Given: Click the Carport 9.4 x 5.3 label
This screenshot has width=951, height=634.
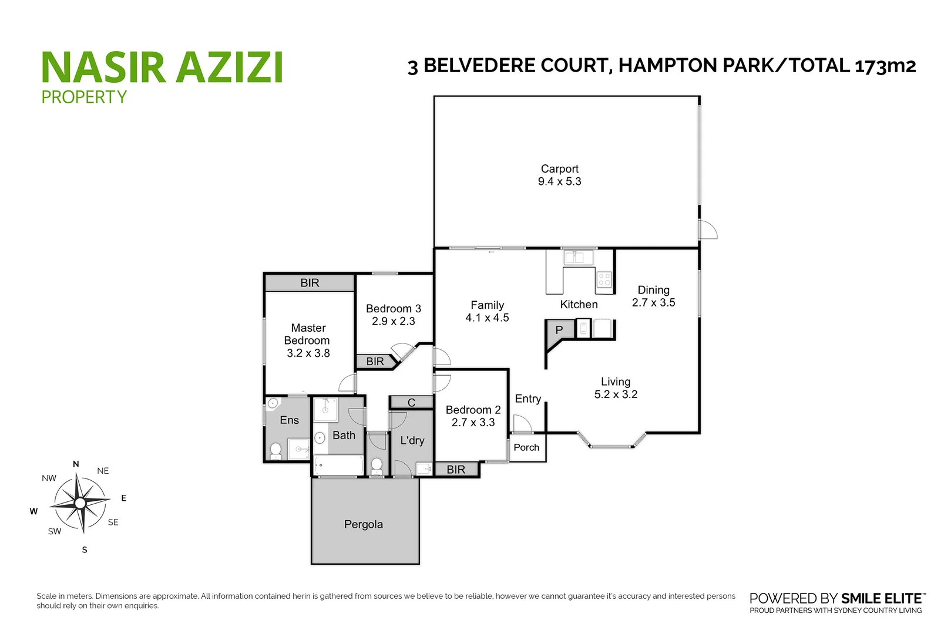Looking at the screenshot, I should coord(559,176).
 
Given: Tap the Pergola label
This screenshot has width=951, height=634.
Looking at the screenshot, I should coord(363,524).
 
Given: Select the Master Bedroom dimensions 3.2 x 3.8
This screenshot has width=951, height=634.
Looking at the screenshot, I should coord(308,353).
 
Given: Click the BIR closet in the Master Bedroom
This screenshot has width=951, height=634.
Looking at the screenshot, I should coord(310,283).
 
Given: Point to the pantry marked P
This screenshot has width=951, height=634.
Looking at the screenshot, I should coord(559,330).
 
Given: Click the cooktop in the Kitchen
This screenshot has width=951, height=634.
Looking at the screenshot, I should coord(604,279).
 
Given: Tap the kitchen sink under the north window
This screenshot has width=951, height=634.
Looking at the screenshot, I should coord(578,258).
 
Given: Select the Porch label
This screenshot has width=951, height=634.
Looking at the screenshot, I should coord(526,447).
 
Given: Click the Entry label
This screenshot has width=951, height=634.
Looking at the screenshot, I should coord(527,399).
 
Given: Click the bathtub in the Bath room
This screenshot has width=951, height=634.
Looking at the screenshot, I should coord(339,466).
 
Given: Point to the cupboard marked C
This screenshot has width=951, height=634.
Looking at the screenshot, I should coord(411,403).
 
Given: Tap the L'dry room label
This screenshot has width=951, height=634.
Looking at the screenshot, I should coord(412,440).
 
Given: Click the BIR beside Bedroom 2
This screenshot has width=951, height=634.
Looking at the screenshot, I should coord(456,470).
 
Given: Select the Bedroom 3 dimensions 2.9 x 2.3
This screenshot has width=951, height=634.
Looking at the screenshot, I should coord(393,322).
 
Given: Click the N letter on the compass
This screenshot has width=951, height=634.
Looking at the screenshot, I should coord(76,464).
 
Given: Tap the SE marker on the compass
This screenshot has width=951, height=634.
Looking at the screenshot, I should coord(113,522).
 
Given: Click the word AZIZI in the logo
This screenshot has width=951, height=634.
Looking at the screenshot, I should coord(230,68).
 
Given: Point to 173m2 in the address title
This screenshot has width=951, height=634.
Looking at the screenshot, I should coord(885,66).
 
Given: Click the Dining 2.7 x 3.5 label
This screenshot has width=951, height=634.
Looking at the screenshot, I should coord(653,296).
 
